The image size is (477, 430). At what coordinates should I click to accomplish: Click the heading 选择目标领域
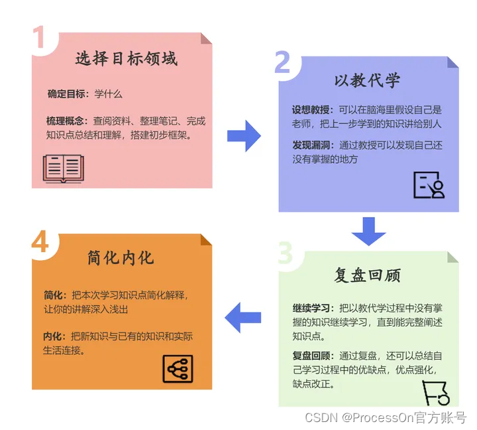[x=126, y=59]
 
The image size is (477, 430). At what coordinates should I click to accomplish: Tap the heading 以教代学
[x=367, y=82]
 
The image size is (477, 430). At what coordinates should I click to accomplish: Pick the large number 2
[x=283, y=63]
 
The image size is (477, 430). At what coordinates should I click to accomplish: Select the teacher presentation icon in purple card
[x=429, y=185]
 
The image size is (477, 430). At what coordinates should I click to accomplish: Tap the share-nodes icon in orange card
[x=178, y=369]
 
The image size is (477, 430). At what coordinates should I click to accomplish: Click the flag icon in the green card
[x=436, y=392]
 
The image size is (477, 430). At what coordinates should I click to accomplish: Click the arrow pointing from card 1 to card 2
[x=244, y=135]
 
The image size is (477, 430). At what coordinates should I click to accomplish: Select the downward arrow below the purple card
[x=368, y=231]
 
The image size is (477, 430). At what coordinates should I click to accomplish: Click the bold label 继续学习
[x=312, y=308]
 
